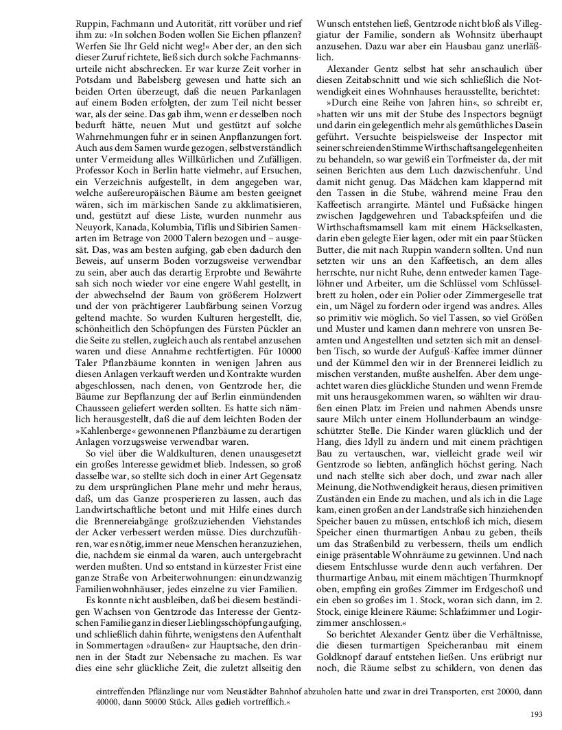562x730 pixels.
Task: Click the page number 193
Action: [536, 715]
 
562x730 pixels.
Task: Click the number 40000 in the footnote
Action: [110, 702]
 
